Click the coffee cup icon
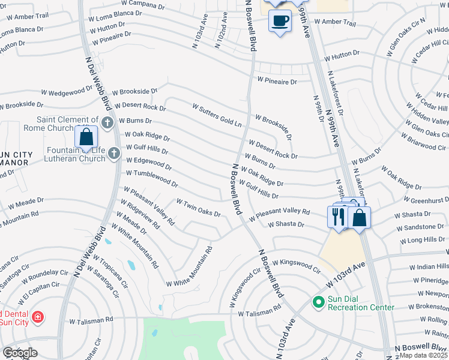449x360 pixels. pos(280,21)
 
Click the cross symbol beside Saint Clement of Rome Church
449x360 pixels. pos(107,123)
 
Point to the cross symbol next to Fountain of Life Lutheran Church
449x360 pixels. pos(113,155)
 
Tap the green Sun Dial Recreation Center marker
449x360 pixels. pos(318,302)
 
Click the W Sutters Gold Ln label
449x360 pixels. pos(217,115)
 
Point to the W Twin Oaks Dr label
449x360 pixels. pos(198,208)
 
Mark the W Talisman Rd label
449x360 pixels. pos(259,313)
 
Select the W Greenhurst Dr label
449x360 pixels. pos(421,200)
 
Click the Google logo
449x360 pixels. pos(20,353)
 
